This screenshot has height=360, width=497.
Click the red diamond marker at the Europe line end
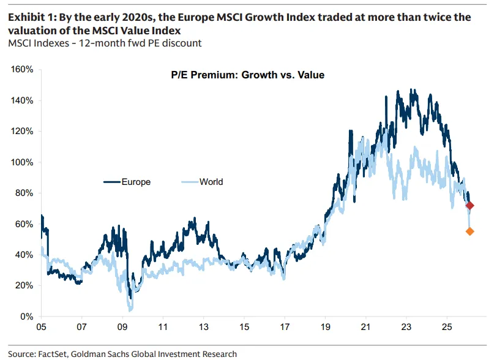click(x=470, y=206)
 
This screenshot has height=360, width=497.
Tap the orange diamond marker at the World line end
click(x=470, y=231)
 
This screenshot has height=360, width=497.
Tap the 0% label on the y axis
click(x=27, y=317)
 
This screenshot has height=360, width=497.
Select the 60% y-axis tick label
click(x=25, y=224)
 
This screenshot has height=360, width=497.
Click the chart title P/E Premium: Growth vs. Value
click(x=247, y=75)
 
